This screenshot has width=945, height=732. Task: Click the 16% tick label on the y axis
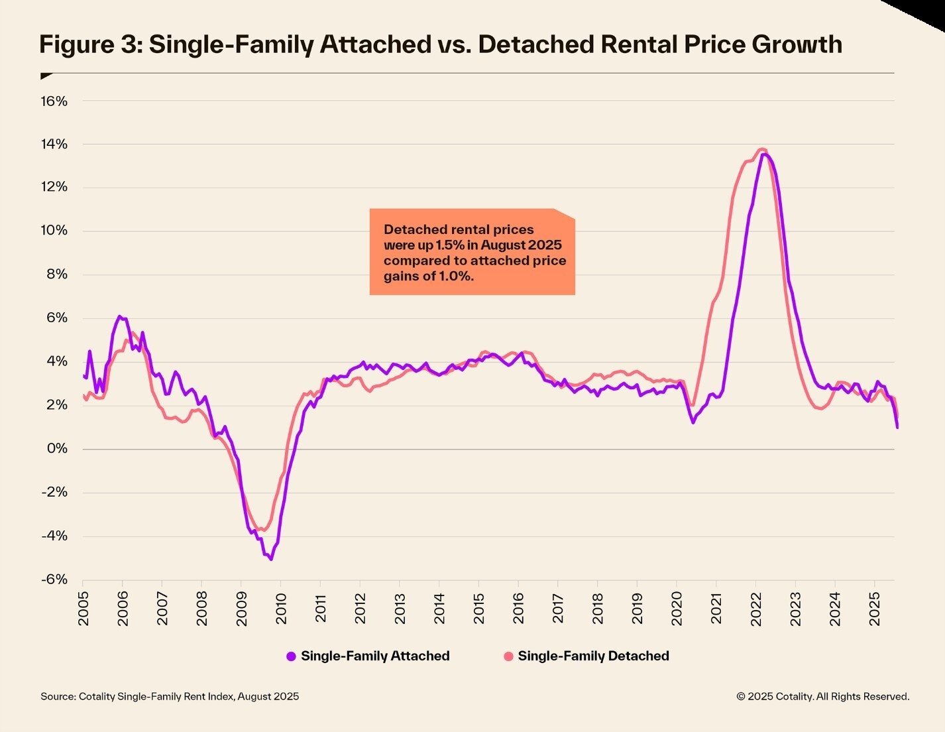54,101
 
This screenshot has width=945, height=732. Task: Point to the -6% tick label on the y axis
54,579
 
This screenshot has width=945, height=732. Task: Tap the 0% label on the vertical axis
57,449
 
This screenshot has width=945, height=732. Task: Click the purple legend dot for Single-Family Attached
291,656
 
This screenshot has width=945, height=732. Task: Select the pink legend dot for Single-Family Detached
508,656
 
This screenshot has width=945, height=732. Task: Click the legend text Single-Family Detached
593,656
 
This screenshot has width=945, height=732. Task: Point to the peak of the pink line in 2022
762,149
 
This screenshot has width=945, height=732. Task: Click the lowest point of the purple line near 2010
270,559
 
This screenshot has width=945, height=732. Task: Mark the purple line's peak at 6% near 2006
119,316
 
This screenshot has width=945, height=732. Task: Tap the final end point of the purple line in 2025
897,427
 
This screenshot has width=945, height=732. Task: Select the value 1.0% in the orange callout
456,276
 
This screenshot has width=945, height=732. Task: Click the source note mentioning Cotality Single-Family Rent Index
170,696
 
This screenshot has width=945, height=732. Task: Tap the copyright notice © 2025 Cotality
822,696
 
